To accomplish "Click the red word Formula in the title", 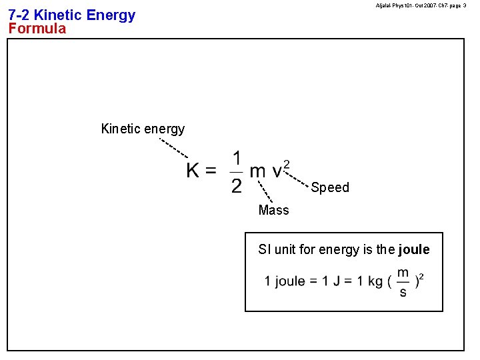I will click(37, 29).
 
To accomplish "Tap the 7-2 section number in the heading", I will click(19, 15).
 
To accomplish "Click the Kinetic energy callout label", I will click(143, 129).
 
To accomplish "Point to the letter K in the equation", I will click(193, 171).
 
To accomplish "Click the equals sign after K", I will click(211, 171).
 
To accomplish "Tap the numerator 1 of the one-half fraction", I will click(237, 159).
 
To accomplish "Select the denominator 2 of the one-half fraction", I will click(237, 185).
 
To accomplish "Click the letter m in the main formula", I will click(257, 173).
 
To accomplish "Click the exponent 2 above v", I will click(287, 163).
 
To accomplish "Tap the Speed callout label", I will click(330, 187).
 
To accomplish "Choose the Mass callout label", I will click(274, 210).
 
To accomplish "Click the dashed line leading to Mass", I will click(265, 191).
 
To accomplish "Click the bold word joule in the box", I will click(414, 250).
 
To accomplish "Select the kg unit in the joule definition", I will click(375, 281).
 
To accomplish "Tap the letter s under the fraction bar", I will click(403, 292).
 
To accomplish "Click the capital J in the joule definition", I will click(329, 281).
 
